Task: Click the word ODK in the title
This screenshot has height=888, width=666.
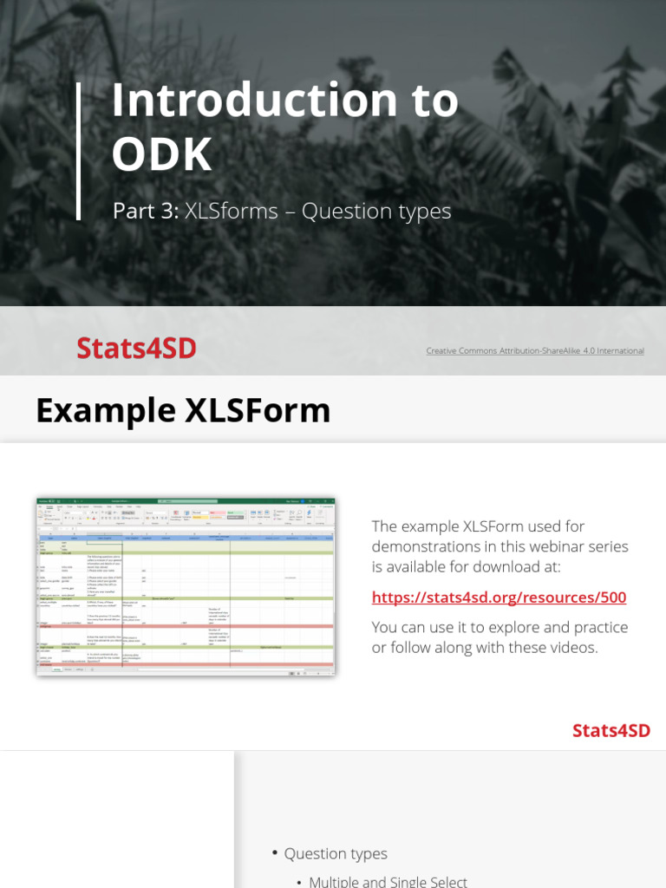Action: point(161,155)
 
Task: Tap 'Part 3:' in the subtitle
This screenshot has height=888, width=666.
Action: point(145,212)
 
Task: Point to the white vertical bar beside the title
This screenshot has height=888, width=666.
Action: point(79,151)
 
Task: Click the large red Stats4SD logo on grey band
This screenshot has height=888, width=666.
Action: point(136,348)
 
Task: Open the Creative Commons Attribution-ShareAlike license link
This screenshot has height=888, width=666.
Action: point(534,351)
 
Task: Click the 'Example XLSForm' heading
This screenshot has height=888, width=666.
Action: point(183,410)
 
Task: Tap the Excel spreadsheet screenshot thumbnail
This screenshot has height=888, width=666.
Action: point(186,587)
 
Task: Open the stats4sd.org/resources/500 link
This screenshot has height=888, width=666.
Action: point(499,597)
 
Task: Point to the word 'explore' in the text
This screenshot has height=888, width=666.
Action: point(533,627)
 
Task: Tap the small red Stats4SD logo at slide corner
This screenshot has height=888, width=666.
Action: point(610,730)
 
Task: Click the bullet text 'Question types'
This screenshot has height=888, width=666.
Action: point(336,854)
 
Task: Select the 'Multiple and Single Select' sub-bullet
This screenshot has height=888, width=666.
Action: point(388,881)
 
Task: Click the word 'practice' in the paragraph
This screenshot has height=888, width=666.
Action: point(598,627)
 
